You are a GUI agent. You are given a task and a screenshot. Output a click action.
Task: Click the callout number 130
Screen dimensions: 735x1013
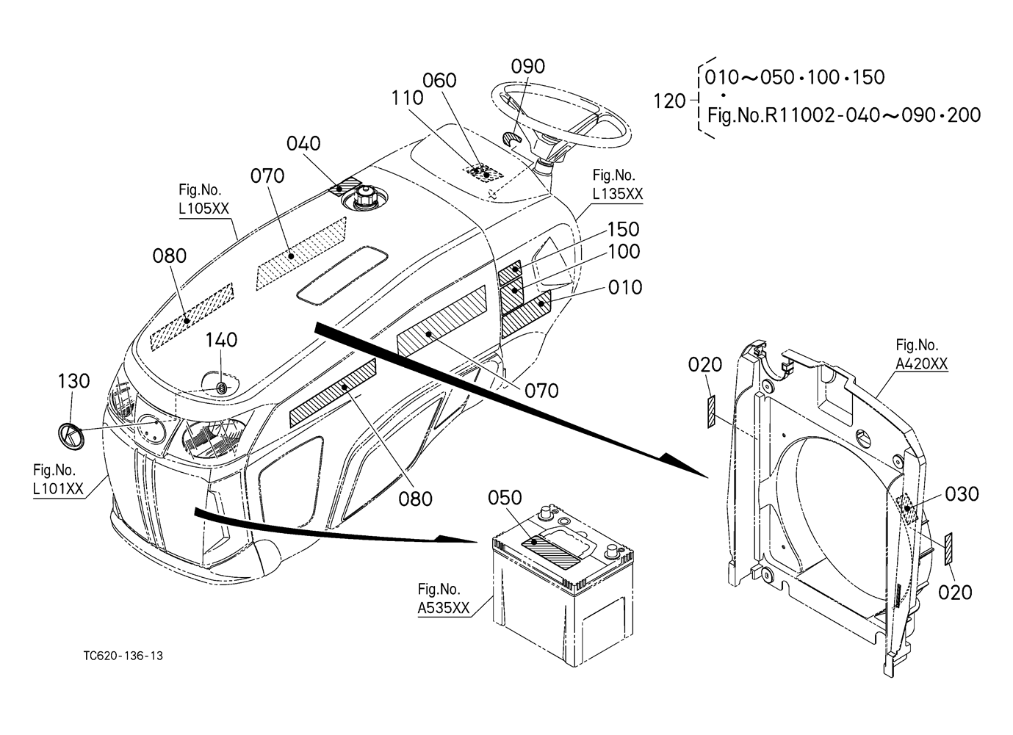(73, 381)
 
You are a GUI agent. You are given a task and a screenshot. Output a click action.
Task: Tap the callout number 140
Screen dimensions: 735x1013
(221, 340)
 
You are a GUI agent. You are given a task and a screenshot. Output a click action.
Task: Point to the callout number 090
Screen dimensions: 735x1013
(527, 66)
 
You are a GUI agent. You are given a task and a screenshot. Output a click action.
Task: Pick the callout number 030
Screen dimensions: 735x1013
(962, 494)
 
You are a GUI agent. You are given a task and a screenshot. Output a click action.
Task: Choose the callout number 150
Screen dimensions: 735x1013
(624, 229)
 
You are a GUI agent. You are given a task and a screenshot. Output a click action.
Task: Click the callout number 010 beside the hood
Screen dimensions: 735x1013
(624, 287)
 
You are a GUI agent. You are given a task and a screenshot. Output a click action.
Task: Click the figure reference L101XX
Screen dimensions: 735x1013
(58, 489)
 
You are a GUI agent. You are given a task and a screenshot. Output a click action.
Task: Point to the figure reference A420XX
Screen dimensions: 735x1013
(921, 363)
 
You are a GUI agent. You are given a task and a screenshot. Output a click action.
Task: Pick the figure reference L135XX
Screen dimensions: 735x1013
(618, 194)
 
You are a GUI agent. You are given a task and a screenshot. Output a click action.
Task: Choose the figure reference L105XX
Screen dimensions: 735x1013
(203, 209)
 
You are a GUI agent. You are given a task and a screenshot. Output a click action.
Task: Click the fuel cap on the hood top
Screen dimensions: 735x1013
(365, 198)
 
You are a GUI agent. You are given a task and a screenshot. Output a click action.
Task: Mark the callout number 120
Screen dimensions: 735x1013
(668, 101)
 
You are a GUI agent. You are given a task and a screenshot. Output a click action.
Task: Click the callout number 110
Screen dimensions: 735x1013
(408, 97)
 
